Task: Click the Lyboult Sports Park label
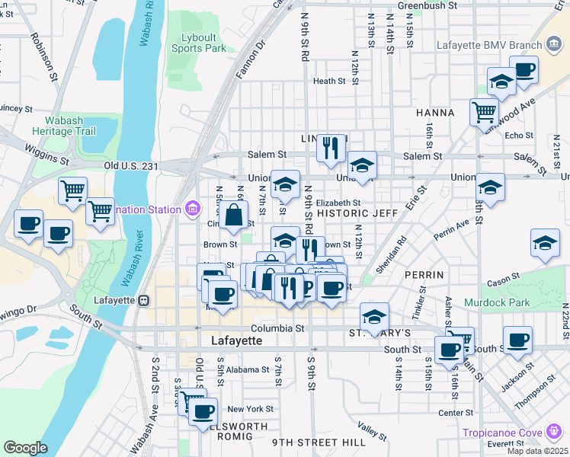[205, 43]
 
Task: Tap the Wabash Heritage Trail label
[64, 126]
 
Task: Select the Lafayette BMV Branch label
[491, 44]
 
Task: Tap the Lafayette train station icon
[142, 300]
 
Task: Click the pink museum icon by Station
[193, 208]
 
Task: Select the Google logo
[24, 448]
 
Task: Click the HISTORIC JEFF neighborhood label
[357, 214]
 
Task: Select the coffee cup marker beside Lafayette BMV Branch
[524, 70]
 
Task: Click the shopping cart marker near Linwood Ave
[484, 113]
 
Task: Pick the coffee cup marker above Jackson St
[517, 340]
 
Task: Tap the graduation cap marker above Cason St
[545, 243]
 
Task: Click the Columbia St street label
[279, 329]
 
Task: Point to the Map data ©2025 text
[536, 451]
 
